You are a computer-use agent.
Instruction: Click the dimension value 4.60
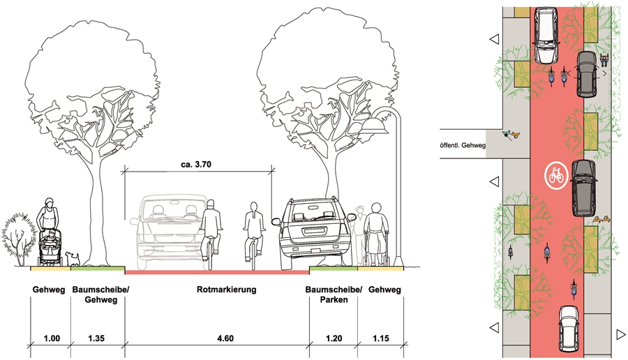(217, 338)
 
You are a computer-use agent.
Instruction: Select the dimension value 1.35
(98, 338)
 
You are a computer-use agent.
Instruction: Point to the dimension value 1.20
(333, 338)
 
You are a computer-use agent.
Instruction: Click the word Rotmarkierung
(217, 290)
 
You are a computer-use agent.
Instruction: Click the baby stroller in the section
(50, 249)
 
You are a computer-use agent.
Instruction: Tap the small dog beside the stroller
(70, 257)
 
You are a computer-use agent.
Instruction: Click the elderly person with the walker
(376, 234)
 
